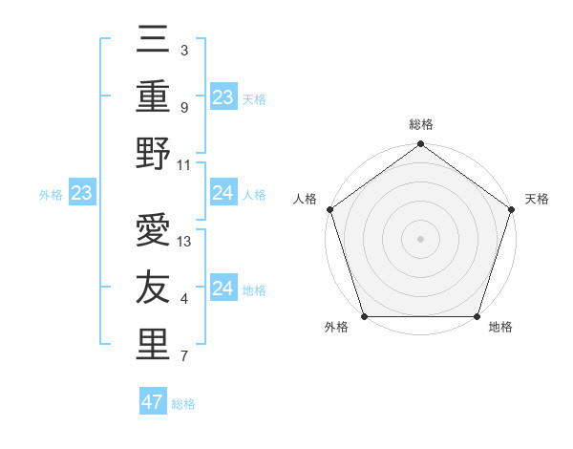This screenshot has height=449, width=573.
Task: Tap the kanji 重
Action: pos(154,97)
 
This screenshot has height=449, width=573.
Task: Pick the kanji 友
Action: pos(154,289)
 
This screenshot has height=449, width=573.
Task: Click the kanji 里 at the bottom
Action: pos(154,345)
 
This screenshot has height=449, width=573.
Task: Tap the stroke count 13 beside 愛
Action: pos(185,242)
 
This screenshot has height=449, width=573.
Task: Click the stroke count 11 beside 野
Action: pos(185,164)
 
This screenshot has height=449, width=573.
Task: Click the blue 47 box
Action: pos(153,402)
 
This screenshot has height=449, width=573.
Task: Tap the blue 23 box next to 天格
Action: pos(223,97)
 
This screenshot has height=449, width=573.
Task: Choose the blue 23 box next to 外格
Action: pos(81,194)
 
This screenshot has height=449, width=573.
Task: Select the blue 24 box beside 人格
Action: pos(223,194)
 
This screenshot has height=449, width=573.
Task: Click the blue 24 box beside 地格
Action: pos(223,289)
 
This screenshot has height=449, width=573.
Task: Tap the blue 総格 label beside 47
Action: pos(183,404)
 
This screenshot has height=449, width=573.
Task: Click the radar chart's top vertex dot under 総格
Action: pos(420,144)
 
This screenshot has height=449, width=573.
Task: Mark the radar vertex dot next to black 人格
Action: pos(330,209)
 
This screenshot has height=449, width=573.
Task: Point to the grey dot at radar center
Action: pos(420,238)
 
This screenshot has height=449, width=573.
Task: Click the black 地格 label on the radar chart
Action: pos(500,328)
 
